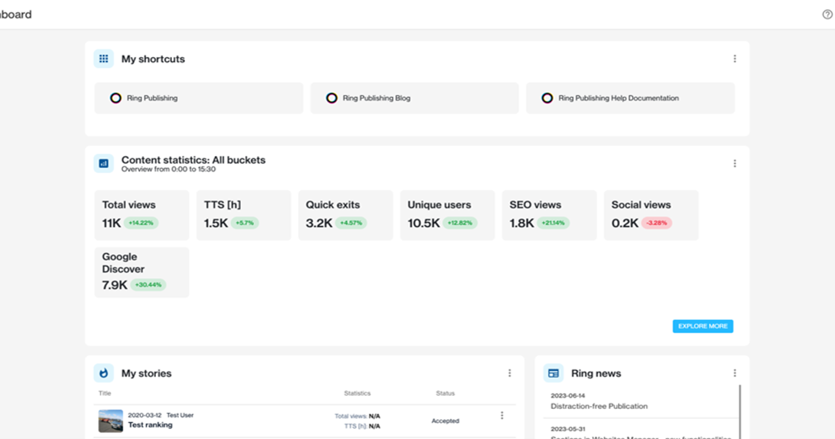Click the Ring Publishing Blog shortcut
414,98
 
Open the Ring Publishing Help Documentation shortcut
630,98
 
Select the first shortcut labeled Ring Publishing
198,98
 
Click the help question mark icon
827,15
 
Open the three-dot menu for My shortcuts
734,59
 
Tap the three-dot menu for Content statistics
734,164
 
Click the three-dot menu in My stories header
509,373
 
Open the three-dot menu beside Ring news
734,373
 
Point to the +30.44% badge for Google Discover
148,285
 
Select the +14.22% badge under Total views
142,223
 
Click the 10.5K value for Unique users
423,223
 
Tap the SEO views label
535,205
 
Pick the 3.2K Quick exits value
319,223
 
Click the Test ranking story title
150,425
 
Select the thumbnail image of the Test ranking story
111,421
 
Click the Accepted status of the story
445,421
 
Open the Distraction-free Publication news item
598,406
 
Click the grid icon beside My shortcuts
104,59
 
